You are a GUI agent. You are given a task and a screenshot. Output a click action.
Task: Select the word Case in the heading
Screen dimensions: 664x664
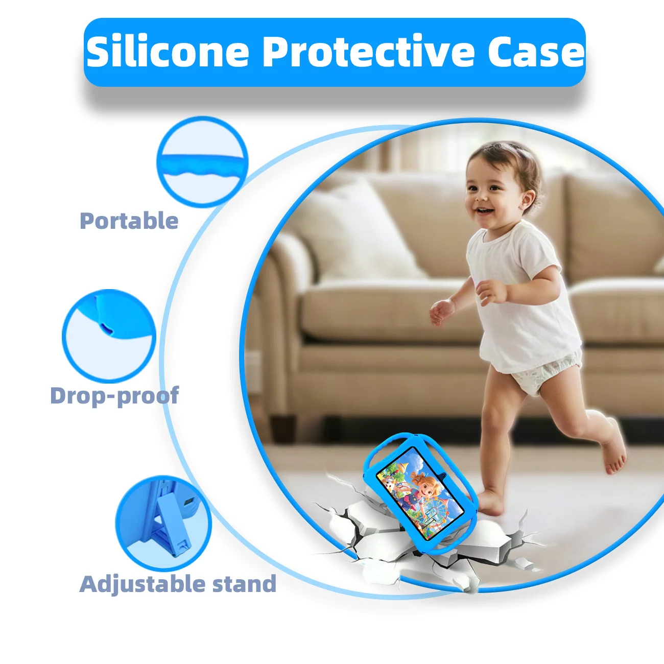tap(535, 52)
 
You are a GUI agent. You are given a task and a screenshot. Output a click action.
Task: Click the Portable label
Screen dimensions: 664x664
tap(129, 221)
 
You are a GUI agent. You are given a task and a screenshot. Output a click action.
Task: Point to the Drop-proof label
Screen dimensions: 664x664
tap(114, 396)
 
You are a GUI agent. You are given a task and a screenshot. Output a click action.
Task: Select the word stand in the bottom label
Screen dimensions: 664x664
tap(244, 584)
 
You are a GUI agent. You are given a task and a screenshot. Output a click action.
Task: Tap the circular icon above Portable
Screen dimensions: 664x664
tap(202, 161)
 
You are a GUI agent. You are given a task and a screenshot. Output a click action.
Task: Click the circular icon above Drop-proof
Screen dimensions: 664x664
tap(109, 336)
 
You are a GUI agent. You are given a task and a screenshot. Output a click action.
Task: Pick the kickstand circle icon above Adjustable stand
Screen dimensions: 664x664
tap(163, 524)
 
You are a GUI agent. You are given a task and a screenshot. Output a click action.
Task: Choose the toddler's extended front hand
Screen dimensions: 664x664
tap(440, 311)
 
